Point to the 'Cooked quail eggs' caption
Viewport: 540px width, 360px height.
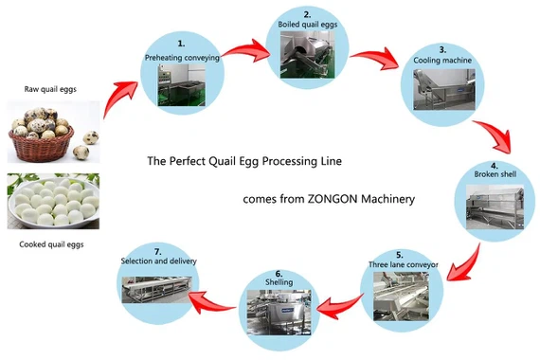[x=52, y=244]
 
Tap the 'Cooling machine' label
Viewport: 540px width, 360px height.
[x=436, y=60]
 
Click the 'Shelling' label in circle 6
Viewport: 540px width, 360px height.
[x=279, y=281]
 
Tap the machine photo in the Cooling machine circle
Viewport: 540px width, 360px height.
[x=437, y=90]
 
